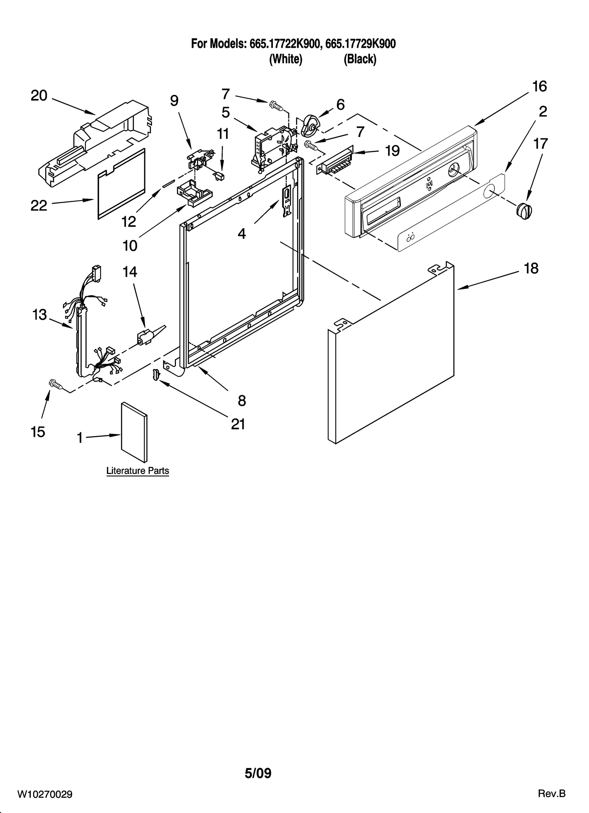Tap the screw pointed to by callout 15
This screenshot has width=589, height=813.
[x=55, y=385]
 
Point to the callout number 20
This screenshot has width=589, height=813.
[x=39, y=96]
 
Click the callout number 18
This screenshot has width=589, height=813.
[x=531, y=268]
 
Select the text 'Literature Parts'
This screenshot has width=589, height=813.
[x=137, y=471]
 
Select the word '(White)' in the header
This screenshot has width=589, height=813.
[x=286, y=59]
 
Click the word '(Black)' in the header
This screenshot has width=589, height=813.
[x=360, y=59]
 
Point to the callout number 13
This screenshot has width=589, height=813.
[x=39, y=315]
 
